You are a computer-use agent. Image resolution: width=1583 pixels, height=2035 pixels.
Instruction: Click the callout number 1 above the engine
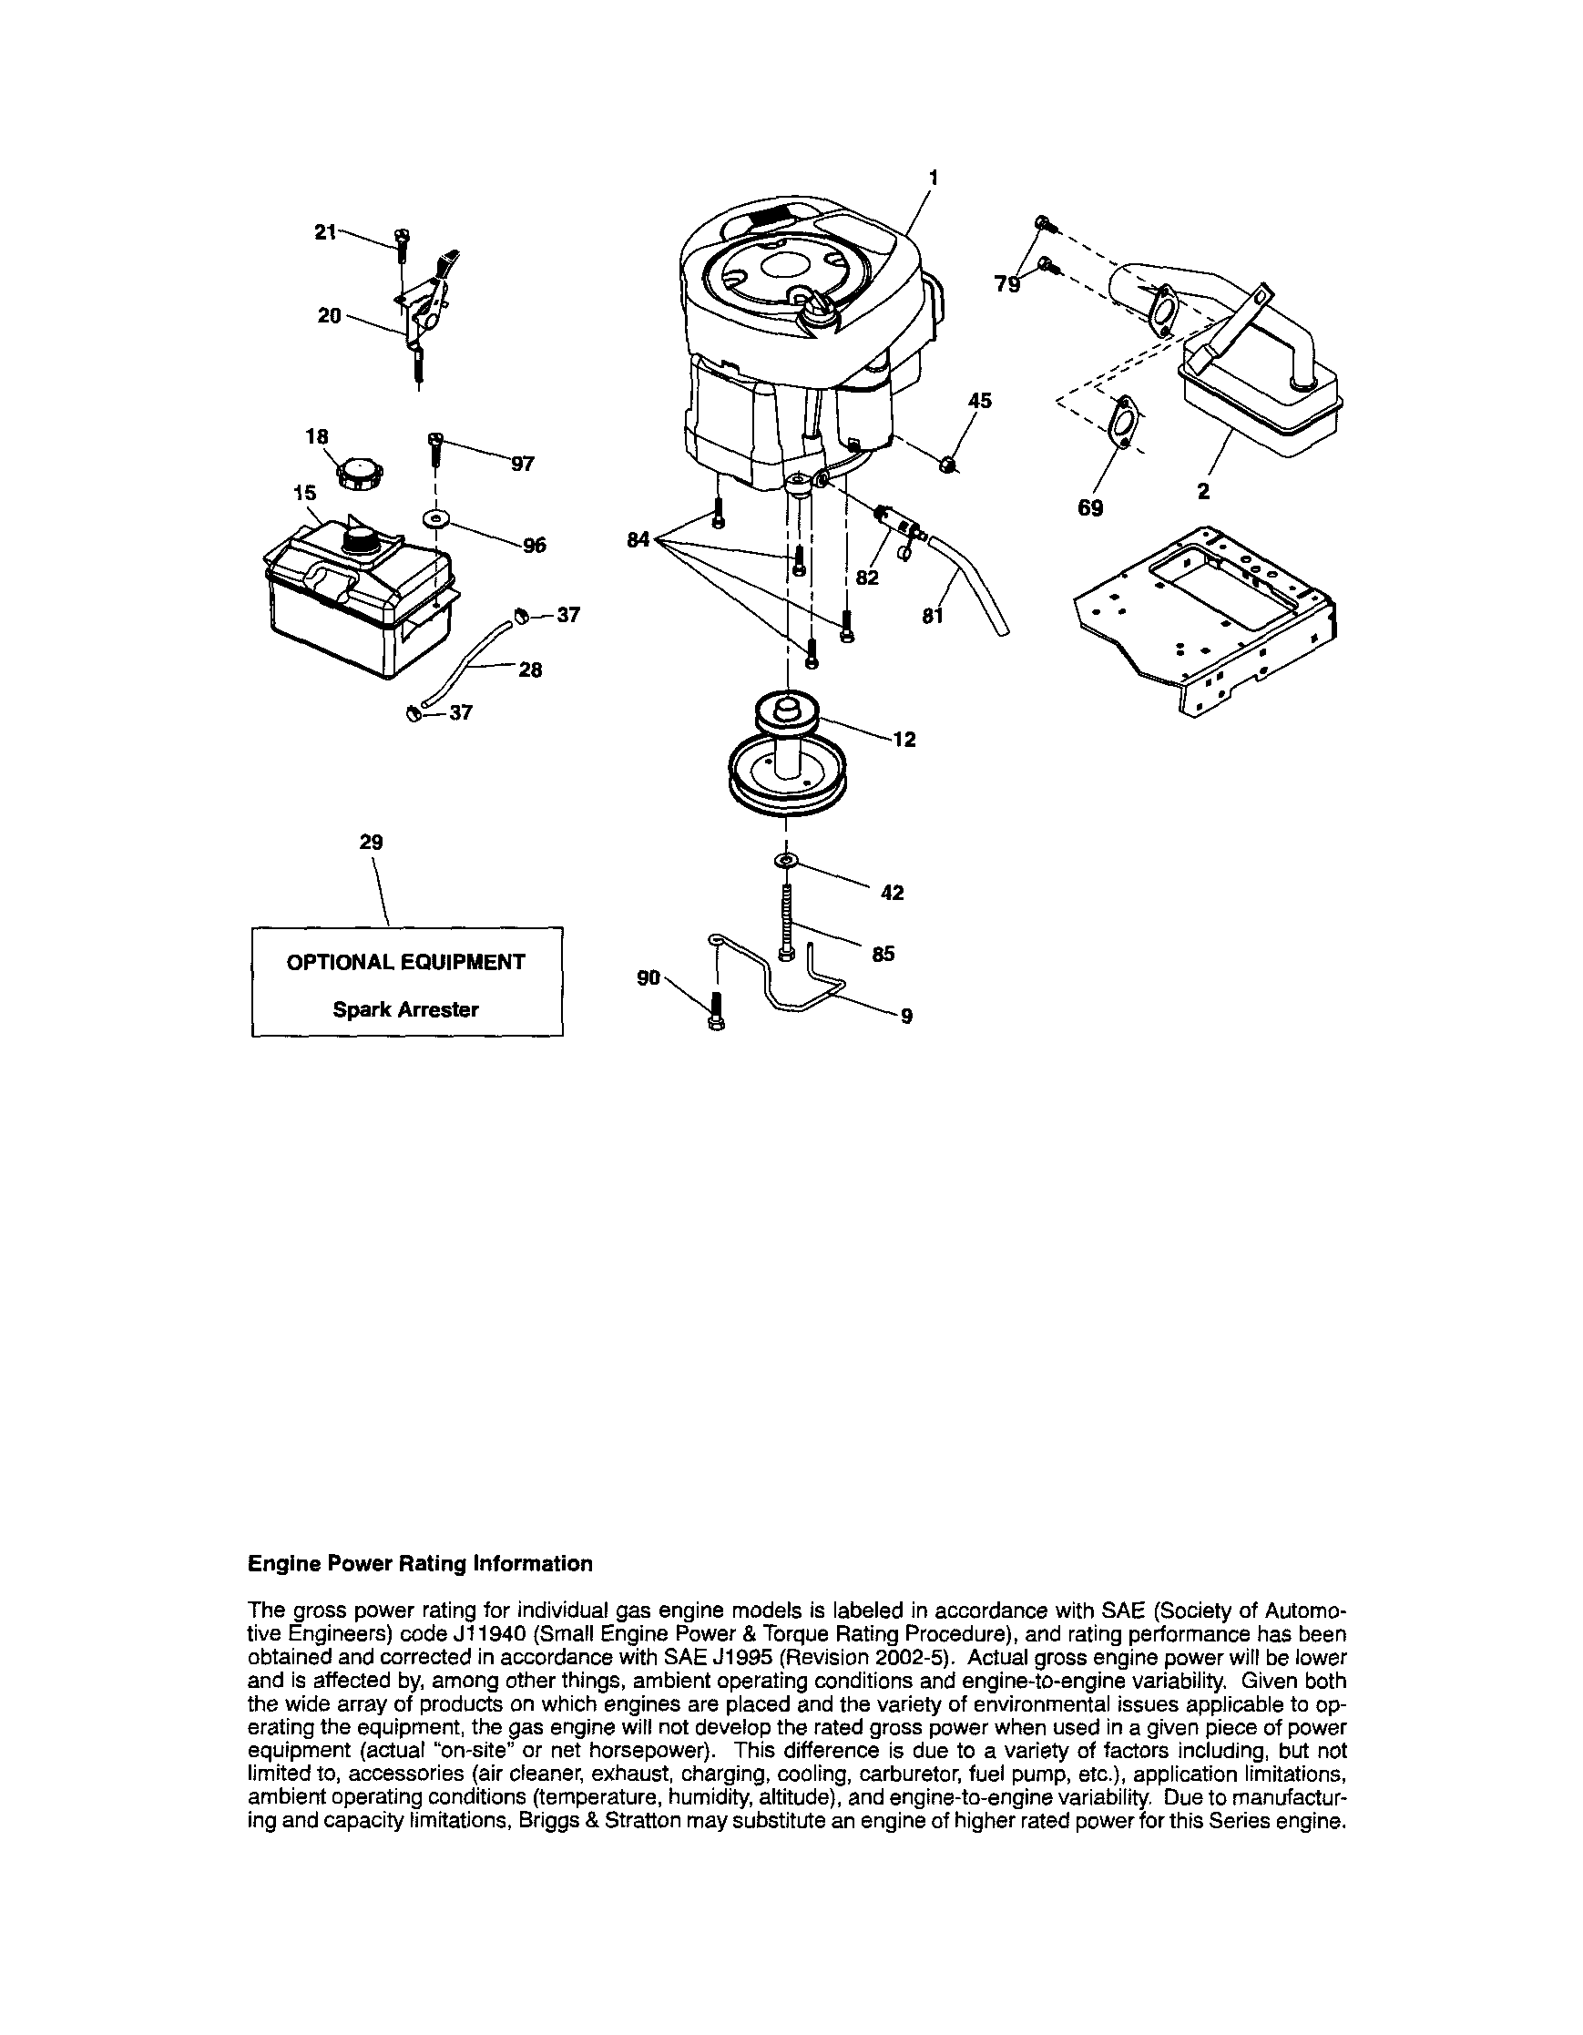pyautogui.click(x=934, y=176)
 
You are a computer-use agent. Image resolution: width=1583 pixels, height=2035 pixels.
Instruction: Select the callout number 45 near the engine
pyautogui.click(x=979, y=401)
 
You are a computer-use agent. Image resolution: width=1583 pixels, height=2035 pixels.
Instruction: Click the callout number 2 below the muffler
pyautogui.click(x=1204, y=492)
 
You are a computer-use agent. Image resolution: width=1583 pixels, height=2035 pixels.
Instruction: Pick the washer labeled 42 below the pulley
pyautogui.click(x=786, y=859)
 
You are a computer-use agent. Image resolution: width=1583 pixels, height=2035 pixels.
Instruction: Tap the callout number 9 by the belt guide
pyautogui.click(x=905, y=1017)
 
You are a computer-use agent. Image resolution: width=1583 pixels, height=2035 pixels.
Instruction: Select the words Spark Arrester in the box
pyautogui.click(x=406, y=1009)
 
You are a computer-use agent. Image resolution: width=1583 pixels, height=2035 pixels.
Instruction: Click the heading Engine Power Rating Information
pyautogui.click(x=420, y=1563)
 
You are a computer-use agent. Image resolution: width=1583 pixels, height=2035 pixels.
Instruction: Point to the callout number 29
pyautogui.click(x=371, y=843)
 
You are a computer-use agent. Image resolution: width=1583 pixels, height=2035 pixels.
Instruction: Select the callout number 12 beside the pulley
pyautogui.click(x=904, y=740)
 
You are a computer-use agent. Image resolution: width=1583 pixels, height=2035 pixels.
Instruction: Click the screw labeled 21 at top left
pyautogui.click(x=402, y=244)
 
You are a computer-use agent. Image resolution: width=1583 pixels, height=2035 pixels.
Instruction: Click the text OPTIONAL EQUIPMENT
pyautogui.click(x=406, y=963)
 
